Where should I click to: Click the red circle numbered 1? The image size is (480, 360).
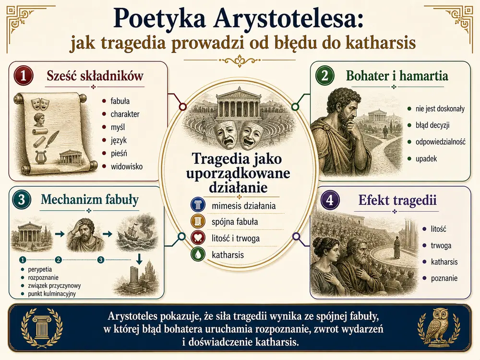[23, 75]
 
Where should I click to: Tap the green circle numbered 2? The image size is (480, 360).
[325, 75]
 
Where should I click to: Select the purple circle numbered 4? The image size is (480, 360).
[330, 200]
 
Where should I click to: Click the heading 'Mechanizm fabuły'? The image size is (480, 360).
[90, 200]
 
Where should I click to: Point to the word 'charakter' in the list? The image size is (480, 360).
[125, 114]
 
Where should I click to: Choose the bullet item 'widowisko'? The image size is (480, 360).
[126, 167]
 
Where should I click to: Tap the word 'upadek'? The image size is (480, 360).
[426, 159]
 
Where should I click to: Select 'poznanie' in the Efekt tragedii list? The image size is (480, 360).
[444, 278]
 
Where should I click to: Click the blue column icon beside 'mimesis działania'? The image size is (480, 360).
[198, 205]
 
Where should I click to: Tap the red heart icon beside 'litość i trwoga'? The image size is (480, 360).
[198, 238]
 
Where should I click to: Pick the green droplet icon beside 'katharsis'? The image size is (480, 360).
[198, 254]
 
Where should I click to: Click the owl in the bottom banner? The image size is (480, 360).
[438, 327]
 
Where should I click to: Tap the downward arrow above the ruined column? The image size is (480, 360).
[139, 259]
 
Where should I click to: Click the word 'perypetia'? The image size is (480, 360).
[40, 270]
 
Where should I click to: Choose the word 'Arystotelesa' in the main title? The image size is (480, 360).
[287, 19]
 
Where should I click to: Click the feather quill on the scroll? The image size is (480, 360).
[52, 139]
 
